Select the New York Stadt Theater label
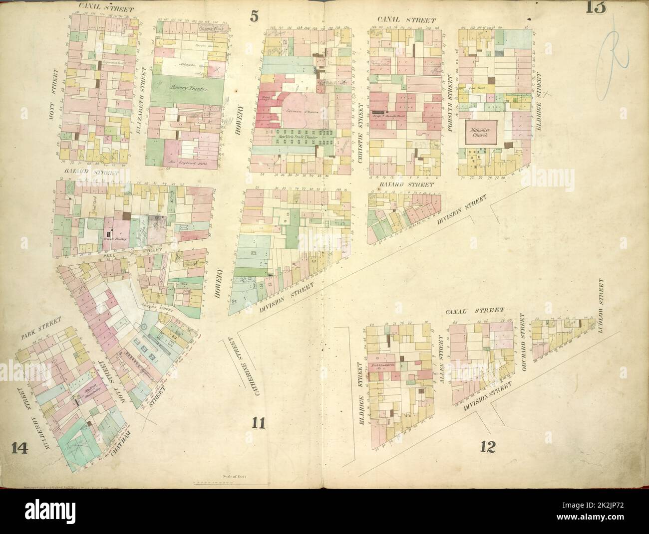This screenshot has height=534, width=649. [298, 134]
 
